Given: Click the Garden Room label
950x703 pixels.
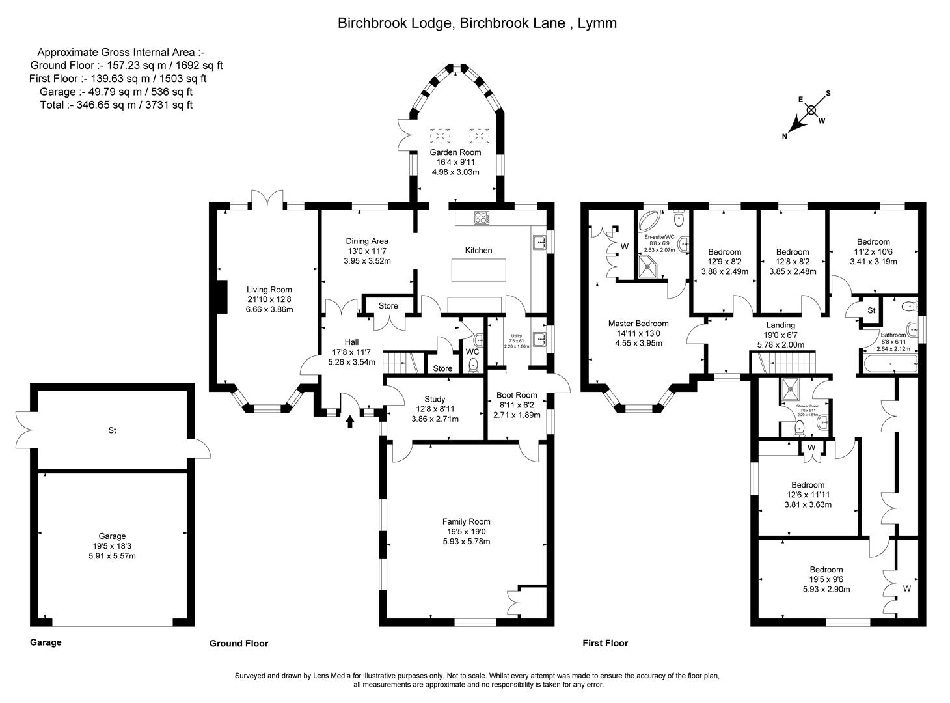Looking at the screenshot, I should click(455, 152).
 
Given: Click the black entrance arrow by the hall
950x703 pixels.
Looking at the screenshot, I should click(350, 422).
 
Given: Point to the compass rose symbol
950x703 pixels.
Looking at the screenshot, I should click(811, 111).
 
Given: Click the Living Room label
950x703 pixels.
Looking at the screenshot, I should click(269, 290).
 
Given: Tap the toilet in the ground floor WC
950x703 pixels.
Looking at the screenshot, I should click(473, 365).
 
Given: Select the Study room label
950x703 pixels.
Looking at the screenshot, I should click(435, 399).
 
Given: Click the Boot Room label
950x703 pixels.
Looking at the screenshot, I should click(517, 394).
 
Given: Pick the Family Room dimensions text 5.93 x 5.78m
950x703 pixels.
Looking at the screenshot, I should click(466, 541).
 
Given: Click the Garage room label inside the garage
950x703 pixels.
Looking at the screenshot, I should click(112, 536).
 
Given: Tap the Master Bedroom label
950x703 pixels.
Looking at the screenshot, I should click(638, 324).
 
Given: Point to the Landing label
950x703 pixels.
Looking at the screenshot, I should click(780, 325).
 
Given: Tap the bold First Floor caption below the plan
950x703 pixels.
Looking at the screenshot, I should click(605, 643).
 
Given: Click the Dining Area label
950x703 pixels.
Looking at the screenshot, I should click(367, 241).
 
